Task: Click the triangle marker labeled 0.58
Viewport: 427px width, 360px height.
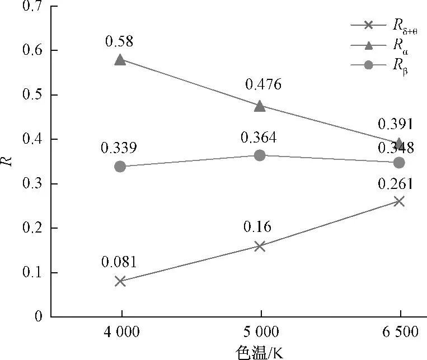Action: point(120,59)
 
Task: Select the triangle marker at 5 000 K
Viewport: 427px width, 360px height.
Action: point(260,106)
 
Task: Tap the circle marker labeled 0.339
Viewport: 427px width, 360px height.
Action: point(120,167)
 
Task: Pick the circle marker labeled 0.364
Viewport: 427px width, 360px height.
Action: point(260,155)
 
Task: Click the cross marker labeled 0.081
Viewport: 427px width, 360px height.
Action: point(120,281)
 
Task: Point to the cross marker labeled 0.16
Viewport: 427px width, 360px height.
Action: point(260,246)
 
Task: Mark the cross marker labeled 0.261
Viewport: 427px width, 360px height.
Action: point(399,201)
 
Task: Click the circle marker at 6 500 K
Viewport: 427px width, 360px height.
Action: point(399,163)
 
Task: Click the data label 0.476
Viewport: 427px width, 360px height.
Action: point(263,85)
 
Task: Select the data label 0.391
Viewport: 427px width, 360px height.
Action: point(395,124)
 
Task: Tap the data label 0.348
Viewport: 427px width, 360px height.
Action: point(395,148)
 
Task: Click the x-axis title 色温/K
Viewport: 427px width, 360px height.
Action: point(259,352)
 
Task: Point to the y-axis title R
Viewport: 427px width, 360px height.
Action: point(7,162)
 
